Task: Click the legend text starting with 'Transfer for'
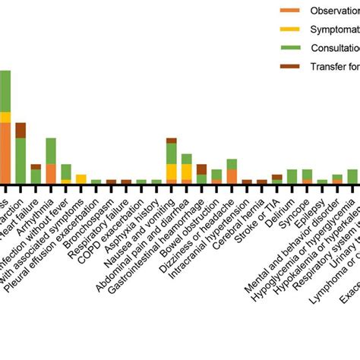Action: click(334, 67)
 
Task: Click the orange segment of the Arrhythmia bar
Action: click(51, 173)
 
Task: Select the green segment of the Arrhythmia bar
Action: click(51, 150)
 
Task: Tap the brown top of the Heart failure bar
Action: click(36, 166)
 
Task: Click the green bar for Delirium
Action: click(292, 176)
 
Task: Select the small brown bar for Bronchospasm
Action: click(111, 182)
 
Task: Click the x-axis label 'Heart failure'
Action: click(23, 206)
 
